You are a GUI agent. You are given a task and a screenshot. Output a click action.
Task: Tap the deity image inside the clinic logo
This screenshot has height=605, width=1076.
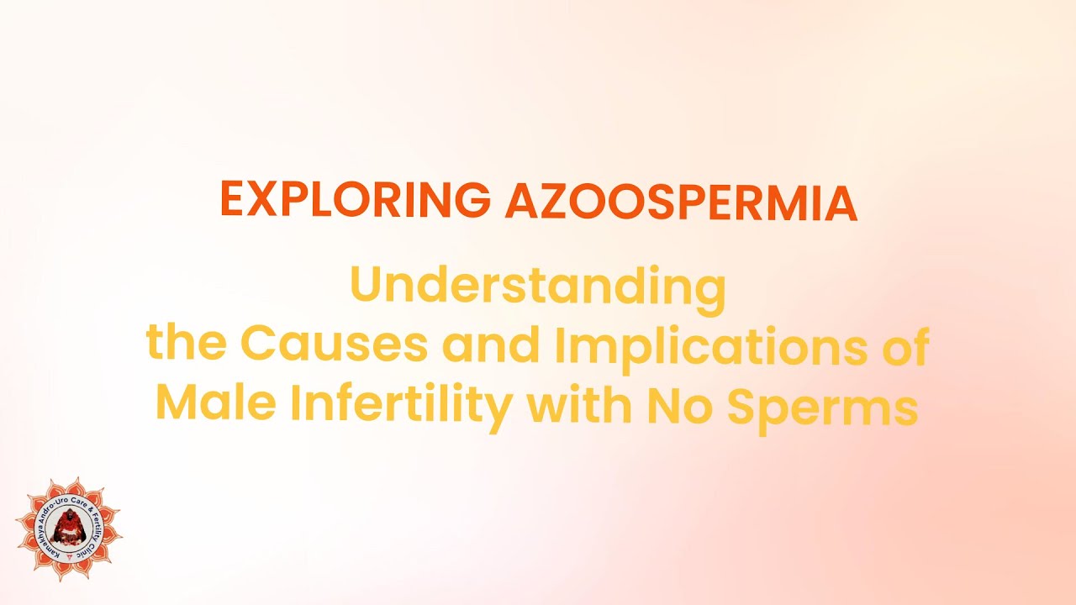pyautogui.click(x=68, y=529)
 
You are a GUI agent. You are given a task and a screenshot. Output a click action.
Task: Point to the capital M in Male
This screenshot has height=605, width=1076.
pyautogui.click(x=176, y=405)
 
